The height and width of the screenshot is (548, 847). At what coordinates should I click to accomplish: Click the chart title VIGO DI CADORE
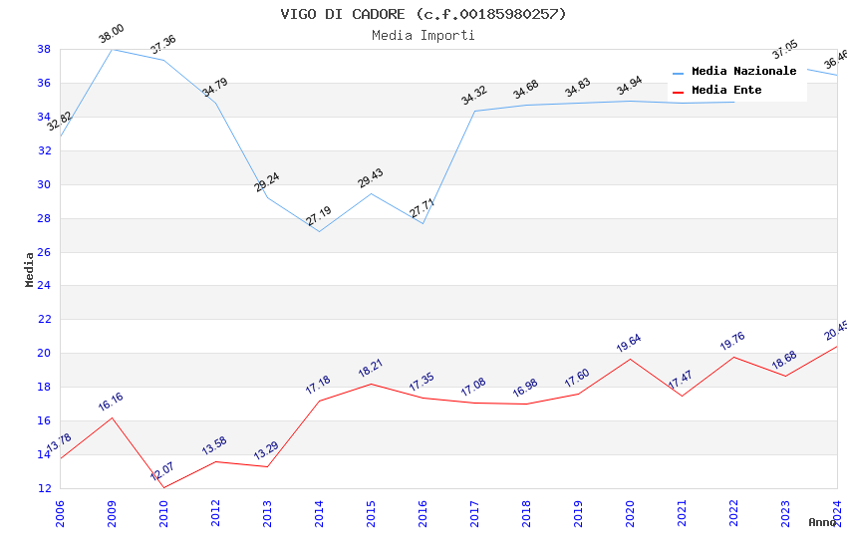(423, 14)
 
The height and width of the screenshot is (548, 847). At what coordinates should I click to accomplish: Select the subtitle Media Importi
(423, 35)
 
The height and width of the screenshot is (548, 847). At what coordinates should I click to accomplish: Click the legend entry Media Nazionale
(743, 72)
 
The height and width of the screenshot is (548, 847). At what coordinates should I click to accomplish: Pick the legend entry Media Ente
(726, 91)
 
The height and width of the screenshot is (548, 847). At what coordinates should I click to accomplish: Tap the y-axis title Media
(30, 269)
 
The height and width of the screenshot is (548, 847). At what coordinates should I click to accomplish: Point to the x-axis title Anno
(822, 522)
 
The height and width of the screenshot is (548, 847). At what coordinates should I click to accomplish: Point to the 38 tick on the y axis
(44, 49)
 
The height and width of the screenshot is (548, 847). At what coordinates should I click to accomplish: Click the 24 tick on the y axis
(44, 286)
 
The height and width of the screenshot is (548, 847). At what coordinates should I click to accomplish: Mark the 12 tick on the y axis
(44, 488)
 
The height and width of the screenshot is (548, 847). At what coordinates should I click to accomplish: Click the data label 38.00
(111, 35)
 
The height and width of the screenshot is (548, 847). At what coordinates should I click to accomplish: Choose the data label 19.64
(629, 343)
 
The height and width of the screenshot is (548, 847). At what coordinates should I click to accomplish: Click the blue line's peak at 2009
(112, 49)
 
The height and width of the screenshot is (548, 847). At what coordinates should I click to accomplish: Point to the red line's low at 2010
(163, 487)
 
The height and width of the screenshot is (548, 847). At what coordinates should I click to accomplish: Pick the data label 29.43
(370, 178)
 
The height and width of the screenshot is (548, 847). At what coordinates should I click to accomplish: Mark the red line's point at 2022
(733, 357)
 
